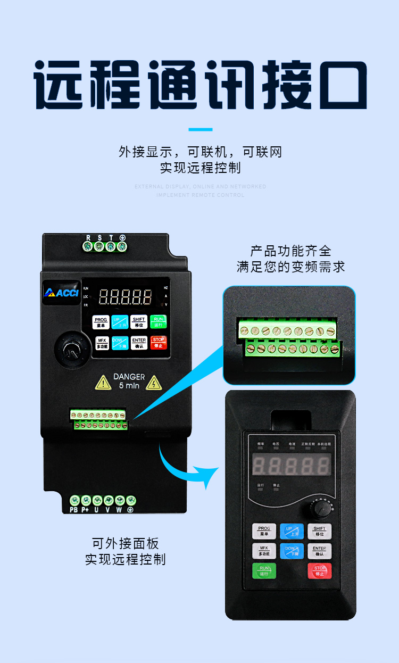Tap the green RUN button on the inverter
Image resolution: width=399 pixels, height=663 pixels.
[157, 321]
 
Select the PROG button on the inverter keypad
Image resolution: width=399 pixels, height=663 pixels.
[101, 322]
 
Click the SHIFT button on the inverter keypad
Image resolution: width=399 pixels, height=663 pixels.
[138, 322]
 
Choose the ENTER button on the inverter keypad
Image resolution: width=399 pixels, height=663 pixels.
[139, 342]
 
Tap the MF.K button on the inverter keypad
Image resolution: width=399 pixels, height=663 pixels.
[102, 343]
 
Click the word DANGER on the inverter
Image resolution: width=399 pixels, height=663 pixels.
[129, 377]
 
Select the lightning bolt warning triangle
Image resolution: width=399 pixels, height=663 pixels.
[154, 383]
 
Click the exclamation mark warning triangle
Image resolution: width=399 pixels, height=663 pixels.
[103, 383]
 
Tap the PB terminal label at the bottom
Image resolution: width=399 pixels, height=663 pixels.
[74, 510]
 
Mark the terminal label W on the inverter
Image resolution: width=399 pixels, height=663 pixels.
[119, 510]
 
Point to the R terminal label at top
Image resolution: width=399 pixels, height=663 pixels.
[88, 238]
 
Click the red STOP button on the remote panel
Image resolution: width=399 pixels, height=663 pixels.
[320, 571]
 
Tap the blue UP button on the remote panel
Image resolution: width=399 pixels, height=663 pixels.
[292, 531]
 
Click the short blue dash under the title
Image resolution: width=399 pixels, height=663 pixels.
[201, 129]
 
